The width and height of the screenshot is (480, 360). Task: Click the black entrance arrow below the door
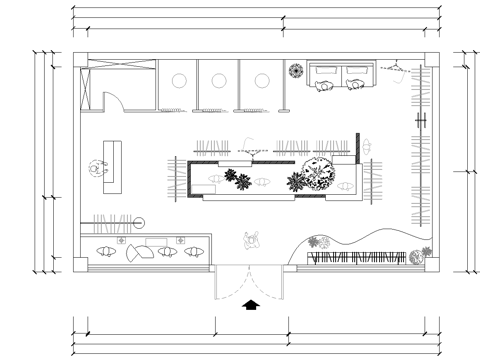click(x=250, y=303)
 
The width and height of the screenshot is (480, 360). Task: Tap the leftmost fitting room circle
click(x=182, y=81)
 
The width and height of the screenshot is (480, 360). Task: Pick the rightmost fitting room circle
click(x=262, y=81)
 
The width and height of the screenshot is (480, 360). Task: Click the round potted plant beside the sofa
click(x=297, y=71)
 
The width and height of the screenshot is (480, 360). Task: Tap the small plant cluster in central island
click(x=239, y=181)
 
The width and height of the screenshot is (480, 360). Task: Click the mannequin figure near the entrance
click(x=252, y=240)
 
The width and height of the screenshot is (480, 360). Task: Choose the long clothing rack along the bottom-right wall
click(x=356, y=258)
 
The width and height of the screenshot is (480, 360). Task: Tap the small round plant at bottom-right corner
click(x=425, y=251)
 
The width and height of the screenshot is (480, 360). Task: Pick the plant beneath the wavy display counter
click(x=319, y=242)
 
